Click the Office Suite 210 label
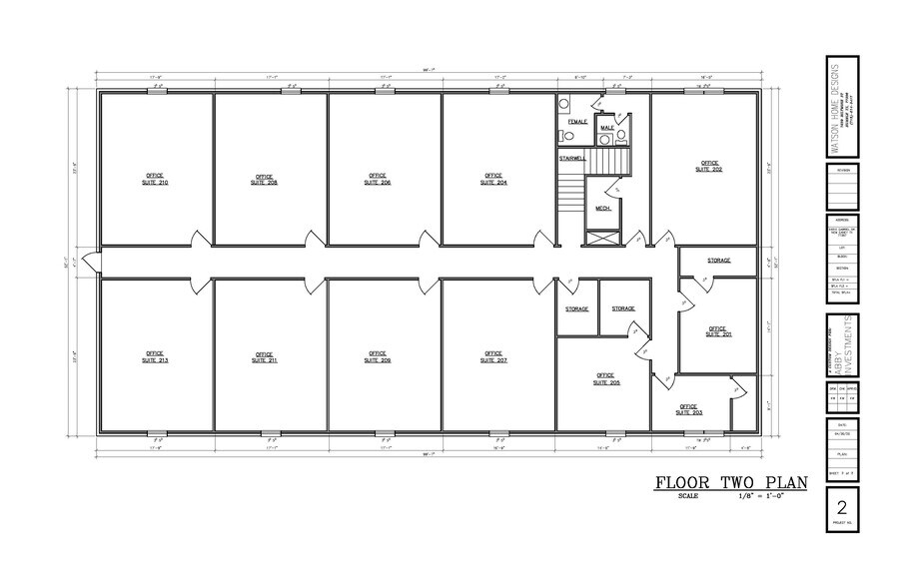pyautogui.click(x=156, y=179)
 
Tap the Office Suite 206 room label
pyautogui.click(x=377, y=180)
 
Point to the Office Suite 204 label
pyautogui.click(x=493, y=180)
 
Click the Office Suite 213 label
pyautogui.click(x=156, y=355)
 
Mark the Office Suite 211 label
pyautogui.click(x=266, y=356)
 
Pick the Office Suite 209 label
pyautogui.click(x=377, y=355)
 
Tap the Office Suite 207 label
pyautogui.click(x=493, y=355)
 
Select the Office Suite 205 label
pyautogui.click(x=607, y=378)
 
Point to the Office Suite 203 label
pyautogui.click(x=689, y=408)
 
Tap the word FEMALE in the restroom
pyautogui.click(x=577, y=121)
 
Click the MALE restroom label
pyautogui.click(x=606, y=128)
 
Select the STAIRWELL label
pyautogui.click(x=572, y=158)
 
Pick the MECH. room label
pyautogui.click(x=603, y=209)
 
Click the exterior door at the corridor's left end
pyautogui.click(x=90, y=262)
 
